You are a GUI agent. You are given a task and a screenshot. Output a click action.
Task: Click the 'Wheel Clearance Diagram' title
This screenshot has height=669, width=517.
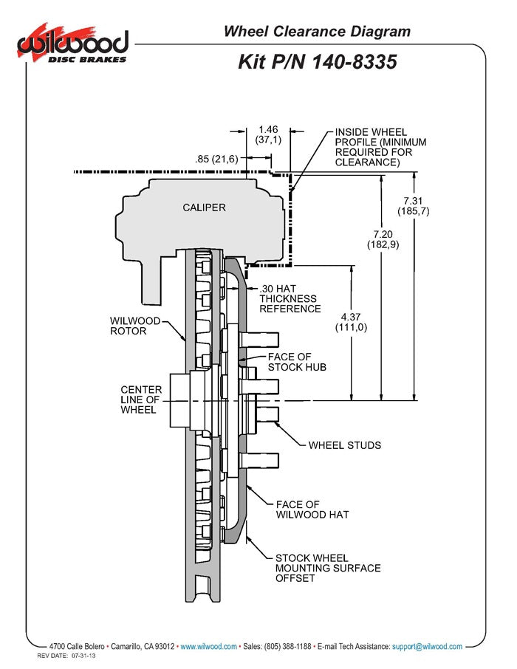317,31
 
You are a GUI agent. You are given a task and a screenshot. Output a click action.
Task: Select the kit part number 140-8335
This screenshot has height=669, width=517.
318,61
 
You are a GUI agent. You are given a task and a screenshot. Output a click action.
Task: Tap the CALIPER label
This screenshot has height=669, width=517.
204,207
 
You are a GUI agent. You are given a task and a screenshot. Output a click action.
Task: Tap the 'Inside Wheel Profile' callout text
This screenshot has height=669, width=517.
380,146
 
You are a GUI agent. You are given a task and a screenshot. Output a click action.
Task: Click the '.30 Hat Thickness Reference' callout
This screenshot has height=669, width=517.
290,298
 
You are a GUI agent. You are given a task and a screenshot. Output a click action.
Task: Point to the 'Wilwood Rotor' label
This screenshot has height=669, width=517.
134,326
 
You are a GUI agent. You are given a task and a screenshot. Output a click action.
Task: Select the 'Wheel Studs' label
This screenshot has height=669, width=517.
344,445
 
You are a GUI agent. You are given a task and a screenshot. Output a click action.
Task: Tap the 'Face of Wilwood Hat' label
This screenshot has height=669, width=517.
312,510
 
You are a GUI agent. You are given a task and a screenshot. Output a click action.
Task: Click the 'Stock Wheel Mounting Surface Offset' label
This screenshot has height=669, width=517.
328,568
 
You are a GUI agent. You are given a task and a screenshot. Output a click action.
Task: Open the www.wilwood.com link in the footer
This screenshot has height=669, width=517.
208,646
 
